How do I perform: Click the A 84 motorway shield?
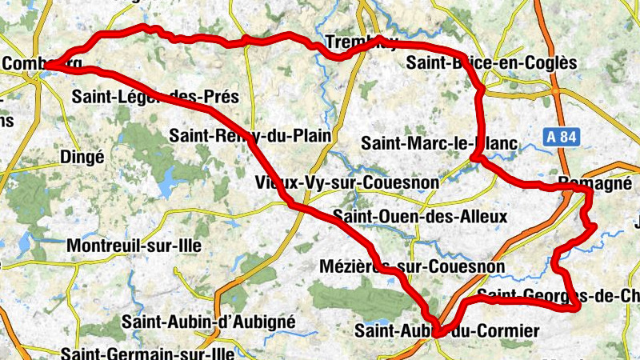(x=562, y=137)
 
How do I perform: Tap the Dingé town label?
(x=82, y=158)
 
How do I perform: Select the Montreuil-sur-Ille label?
(x=134, y=246)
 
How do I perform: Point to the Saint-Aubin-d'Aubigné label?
(x=209, y=322)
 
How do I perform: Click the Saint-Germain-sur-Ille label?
(x=148, y=352)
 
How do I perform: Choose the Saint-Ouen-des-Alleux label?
(x=420, y=216)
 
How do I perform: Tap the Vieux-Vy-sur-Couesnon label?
(x=347, y=182)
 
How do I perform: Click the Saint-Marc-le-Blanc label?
(x=439, y=144)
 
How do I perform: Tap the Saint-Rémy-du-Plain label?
(x=250, y=136)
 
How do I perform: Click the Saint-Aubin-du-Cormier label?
(x=447, y=330)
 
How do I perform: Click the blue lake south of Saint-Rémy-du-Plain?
(x=167, y=186)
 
